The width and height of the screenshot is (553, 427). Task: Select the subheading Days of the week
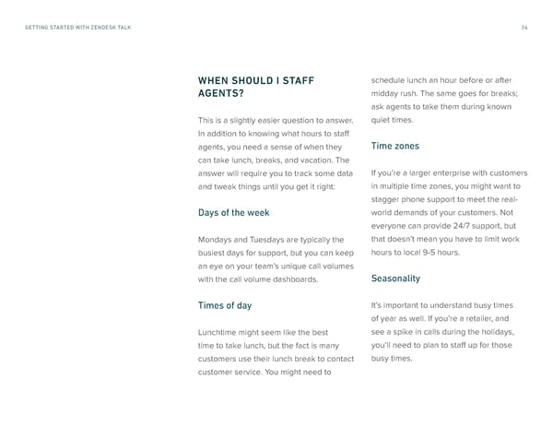pos(233,213)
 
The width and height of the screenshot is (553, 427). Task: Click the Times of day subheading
pos(225,305)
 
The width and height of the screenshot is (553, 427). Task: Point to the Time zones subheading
pos(394,146)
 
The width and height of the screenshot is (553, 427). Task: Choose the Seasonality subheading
pos(395,278)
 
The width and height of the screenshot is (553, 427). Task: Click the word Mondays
pos(216,240)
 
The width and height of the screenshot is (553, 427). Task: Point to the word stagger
pos(388,199)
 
